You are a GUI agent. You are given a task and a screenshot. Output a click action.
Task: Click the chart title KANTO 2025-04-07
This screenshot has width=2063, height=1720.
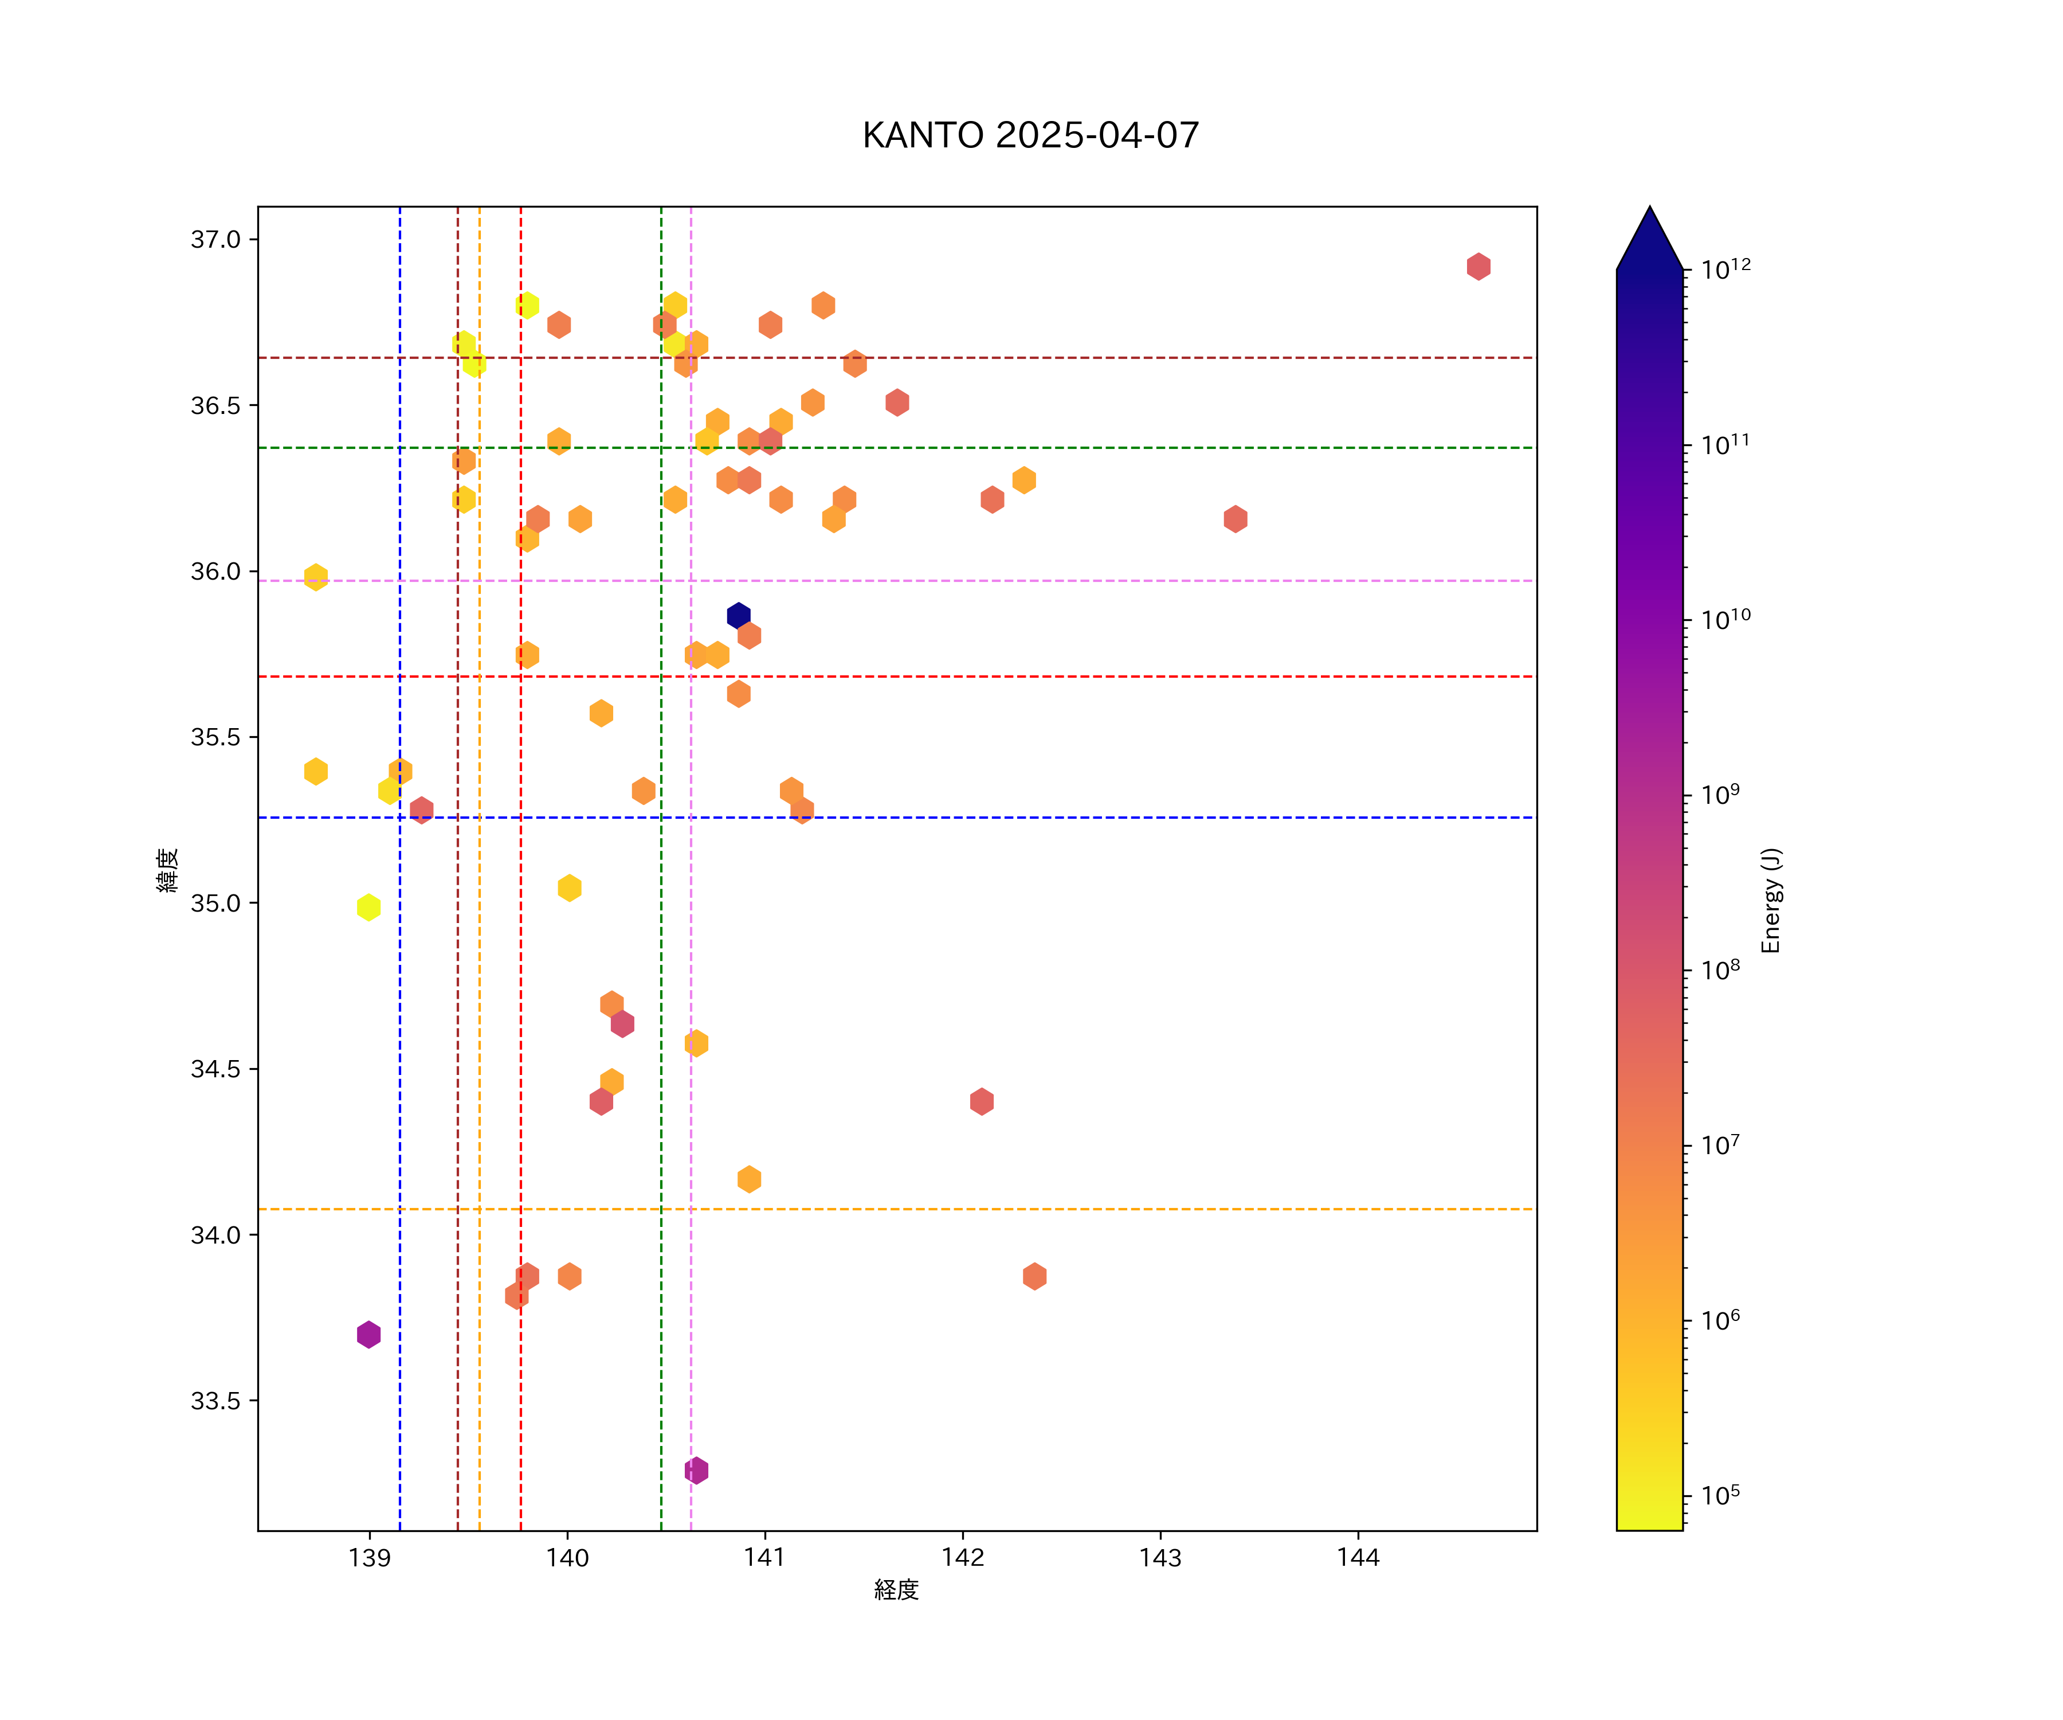pos(1030,136)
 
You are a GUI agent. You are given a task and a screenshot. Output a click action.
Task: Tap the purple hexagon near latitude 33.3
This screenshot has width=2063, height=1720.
pos(696,1471)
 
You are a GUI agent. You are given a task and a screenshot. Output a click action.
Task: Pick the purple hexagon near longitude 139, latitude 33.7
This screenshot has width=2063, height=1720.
pos(368,1335)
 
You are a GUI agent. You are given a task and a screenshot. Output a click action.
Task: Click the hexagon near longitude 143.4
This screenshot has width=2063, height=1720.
pos(1235,519)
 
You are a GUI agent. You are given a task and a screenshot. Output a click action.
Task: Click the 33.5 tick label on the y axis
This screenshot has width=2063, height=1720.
pos(215,1401)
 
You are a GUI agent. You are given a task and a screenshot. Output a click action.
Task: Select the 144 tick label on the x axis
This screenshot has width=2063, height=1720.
pos(1358,1558)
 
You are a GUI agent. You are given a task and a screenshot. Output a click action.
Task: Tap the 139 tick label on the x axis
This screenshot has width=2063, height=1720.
pos(370,1558)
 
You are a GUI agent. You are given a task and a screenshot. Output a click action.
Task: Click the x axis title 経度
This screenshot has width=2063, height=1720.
pos(896,1590)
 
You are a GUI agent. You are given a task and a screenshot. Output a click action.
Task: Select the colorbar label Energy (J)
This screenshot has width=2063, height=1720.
pos(1771,900)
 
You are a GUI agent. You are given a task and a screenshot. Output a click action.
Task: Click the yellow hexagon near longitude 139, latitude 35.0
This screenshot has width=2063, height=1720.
pos(368,907)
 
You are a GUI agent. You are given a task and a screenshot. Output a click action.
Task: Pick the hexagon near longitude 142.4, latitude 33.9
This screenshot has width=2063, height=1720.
pos(1033,1277)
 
